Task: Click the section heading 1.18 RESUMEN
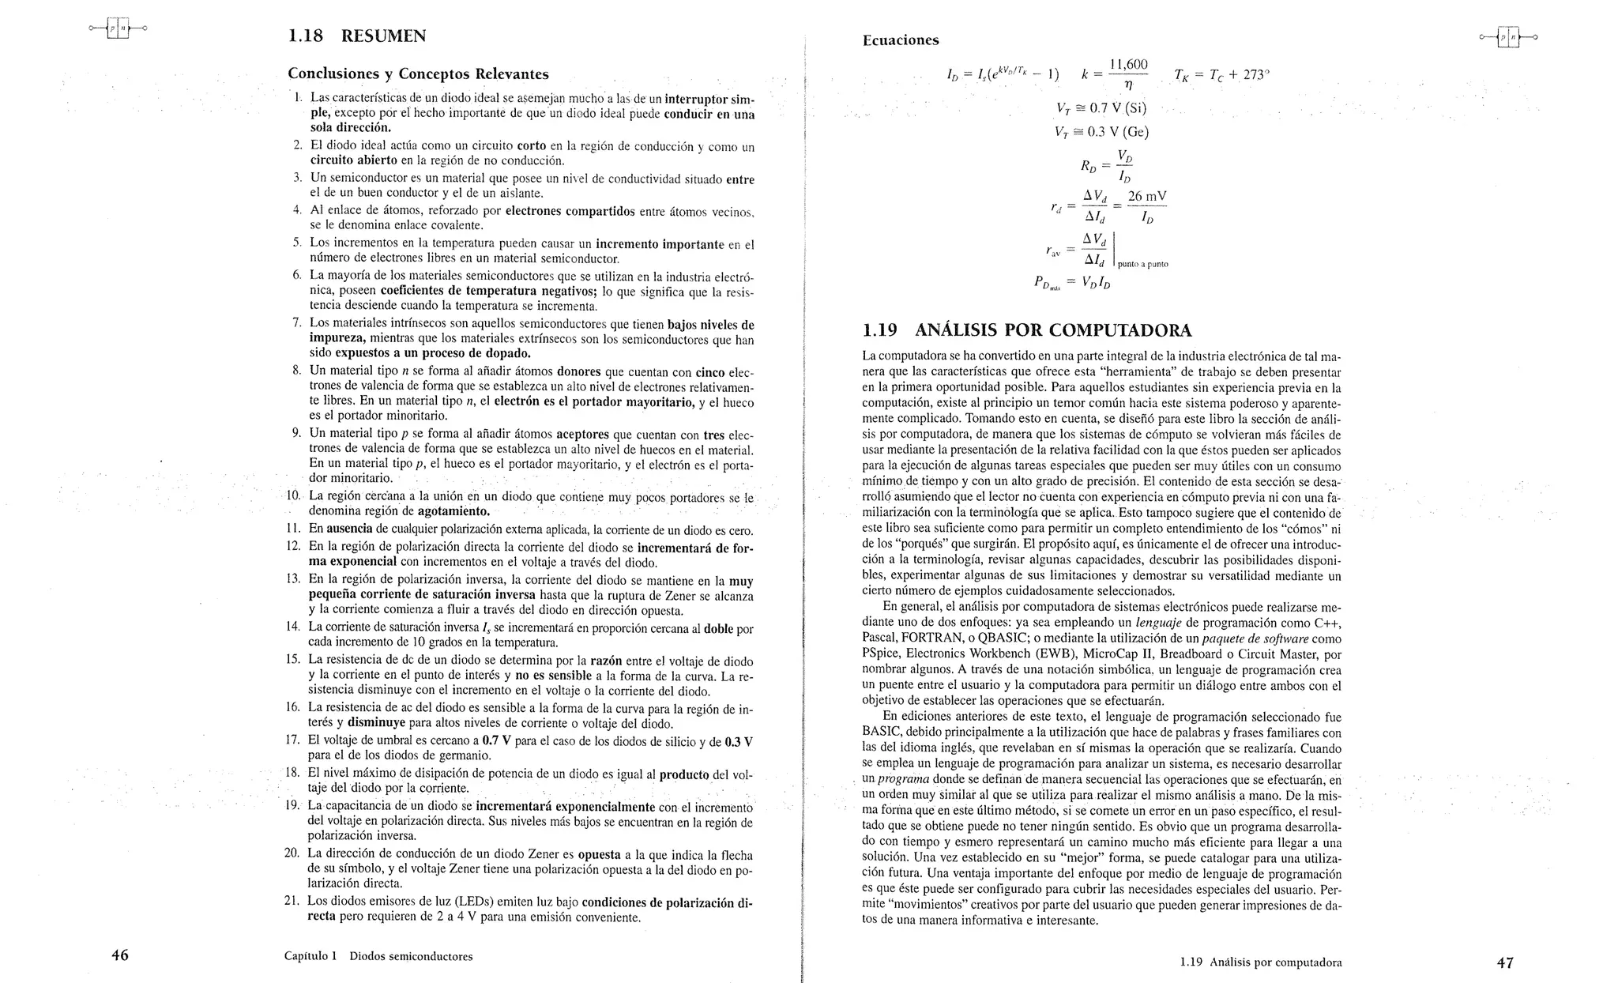pyautogui.click(x=356, y=36)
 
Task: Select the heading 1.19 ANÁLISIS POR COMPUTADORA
pyautogui.click(x=1026, y=330)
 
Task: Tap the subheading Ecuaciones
pyautogui.click(x=900, y=40)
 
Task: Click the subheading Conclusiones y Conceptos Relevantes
pyautogui.click(x=418, y=74)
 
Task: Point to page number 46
pyautogui.click(x=119, y=955)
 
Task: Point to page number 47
pyautogui.click(x=1504, y=962)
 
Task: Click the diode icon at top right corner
pyautogui.click(x=1507, y=37)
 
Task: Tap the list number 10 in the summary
pyautogui.click(x=292, y=495)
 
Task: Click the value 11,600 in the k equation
pyautogui.click(x=1128, y=65)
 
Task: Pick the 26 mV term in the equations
pyautogui.click(x=1147, y=196)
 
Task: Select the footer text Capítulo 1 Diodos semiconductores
pyautogui.click(x=378, y=956)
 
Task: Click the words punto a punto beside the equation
pyautogui.click(x=1142, y=265)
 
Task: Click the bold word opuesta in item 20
pyautogui.click(x=599, y=854)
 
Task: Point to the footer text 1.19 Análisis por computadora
pyautogui.click(x=1260, y=962)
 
